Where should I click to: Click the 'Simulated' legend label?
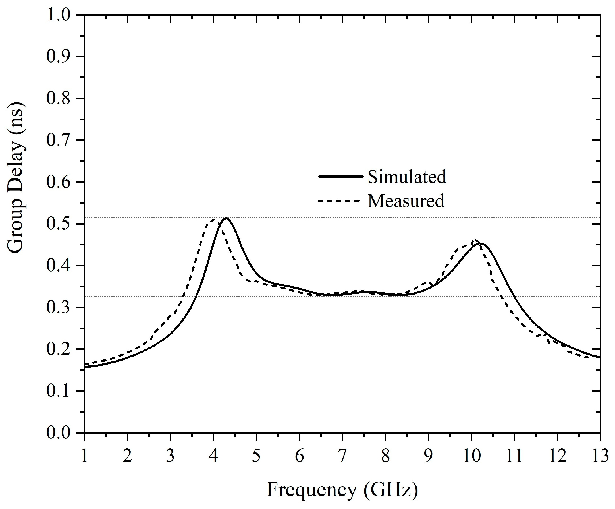click(407, 177)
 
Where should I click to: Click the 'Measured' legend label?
click(406, 201)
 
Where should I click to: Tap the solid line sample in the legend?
click(340, 176)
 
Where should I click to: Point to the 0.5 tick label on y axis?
click(58, 224)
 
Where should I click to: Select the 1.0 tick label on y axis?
click(58, 15)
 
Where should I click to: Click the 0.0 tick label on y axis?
click(58, 433)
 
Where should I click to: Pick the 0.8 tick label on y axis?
click(58, 98)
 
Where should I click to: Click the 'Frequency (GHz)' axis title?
click(342, 489)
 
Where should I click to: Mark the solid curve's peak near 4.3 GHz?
click(226, 218)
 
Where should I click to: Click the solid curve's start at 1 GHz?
click(85, 367)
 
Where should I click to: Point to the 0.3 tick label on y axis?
click(58, 307)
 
